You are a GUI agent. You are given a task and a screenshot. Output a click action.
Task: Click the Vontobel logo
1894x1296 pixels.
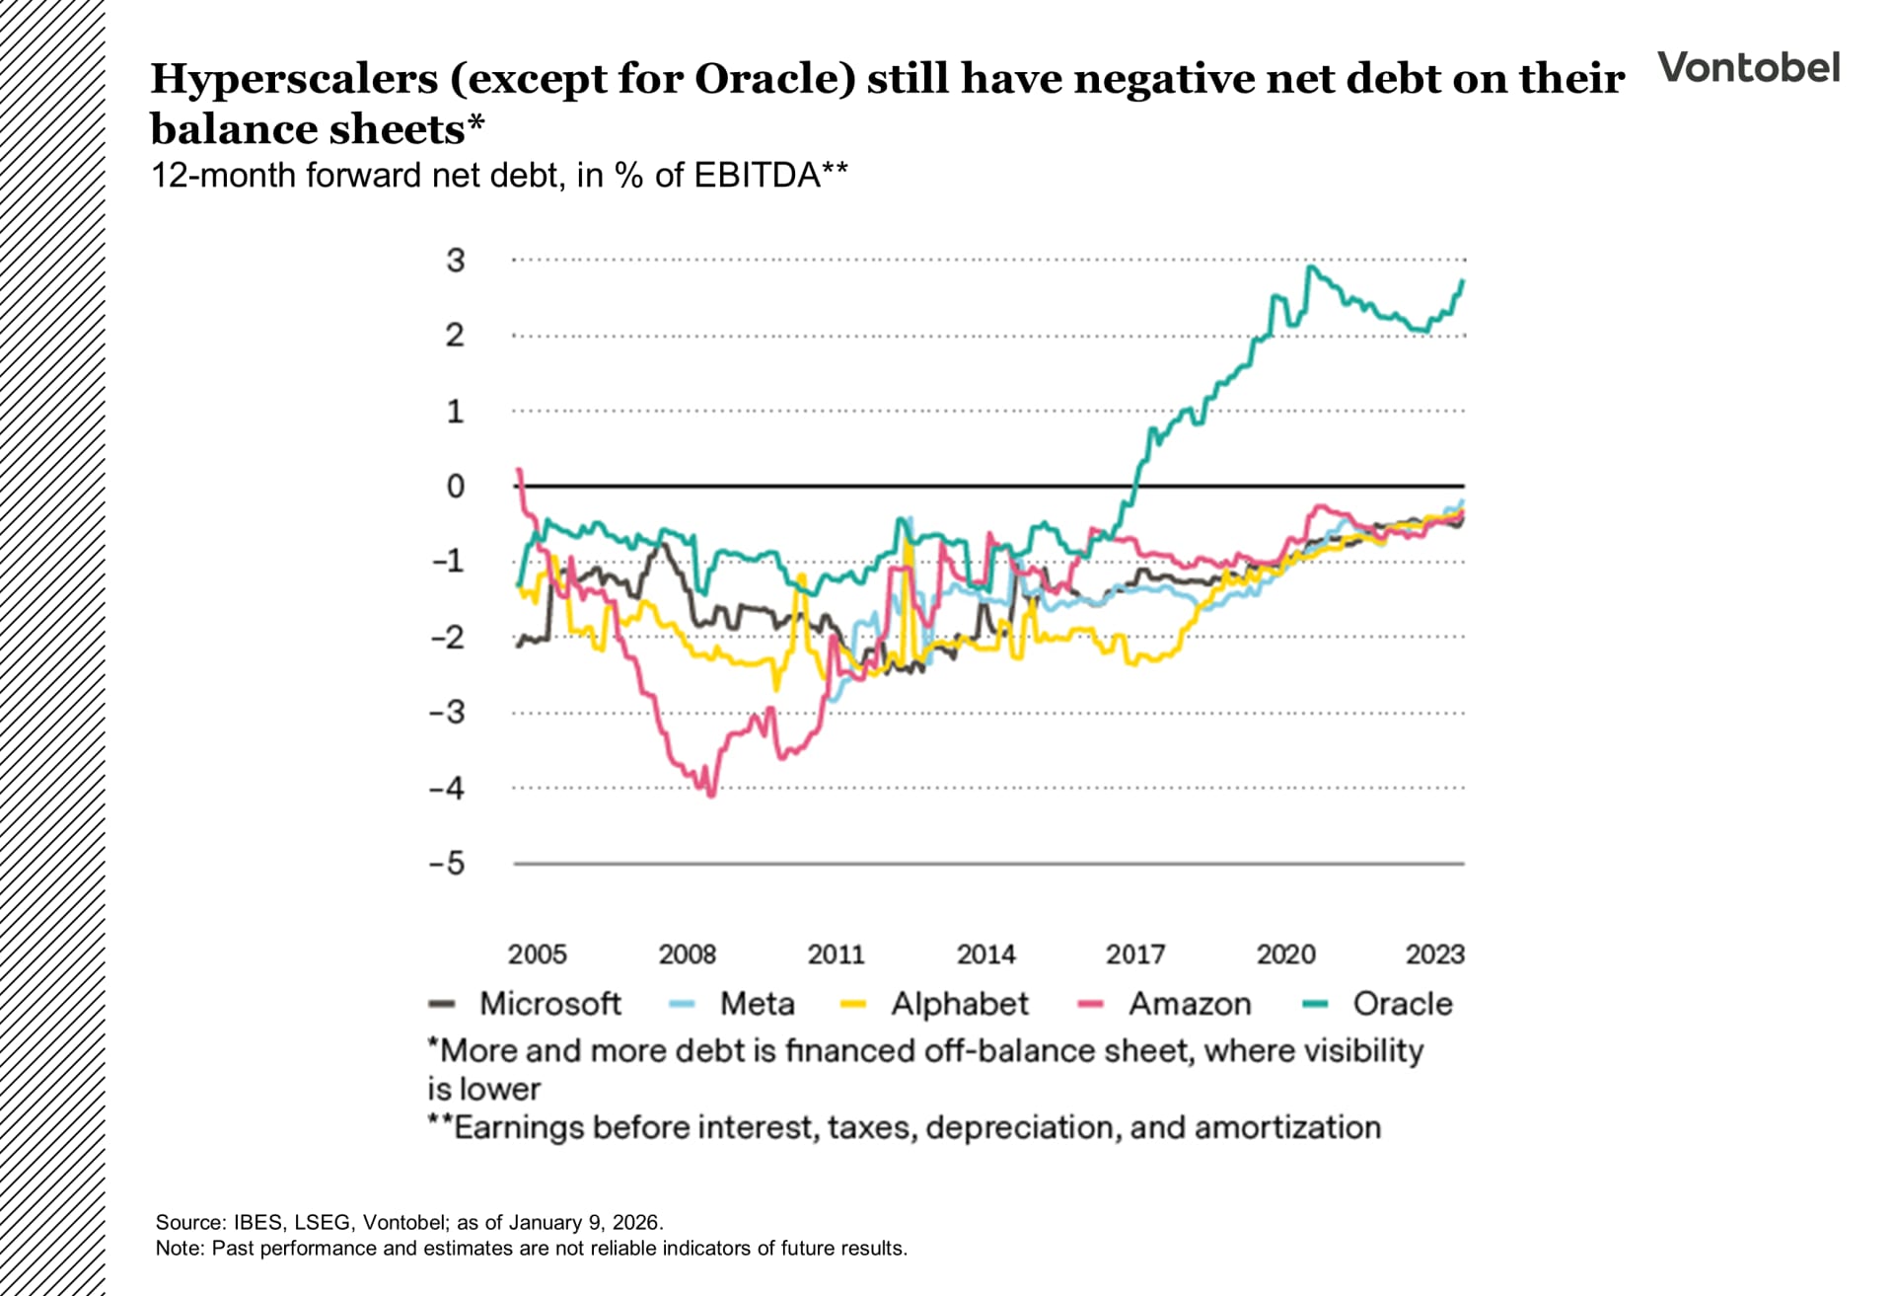1748,67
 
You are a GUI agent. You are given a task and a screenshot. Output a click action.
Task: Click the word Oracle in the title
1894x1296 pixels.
774,79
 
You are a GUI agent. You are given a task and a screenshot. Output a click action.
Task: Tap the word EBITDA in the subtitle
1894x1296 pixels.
757,176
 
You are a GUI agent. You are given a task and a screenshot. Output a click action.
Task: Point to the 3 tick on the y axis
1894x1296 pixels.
455,261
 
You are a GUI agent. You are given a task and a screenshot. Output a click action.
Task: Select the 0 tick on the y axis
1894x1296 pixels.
455,486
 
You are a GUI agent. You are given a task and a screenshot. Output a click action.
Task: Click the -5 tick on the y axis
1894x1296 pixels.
447,864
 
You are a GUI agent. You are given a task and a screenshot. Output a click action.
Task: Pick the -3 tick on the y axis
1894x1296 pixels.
447,712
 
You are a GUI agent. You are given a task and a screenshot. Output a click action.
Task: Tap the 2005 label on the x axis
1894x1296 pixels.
538,954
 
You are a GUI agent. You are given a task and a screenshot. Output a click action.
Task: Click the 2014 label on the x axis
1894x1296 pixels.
985,954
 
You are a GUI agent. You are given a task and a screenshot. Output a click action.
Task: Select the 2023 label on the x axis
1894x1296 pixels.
1434,954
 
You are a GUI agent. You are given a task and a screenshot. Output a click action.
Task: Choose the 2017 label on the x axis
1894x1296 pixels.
1135,954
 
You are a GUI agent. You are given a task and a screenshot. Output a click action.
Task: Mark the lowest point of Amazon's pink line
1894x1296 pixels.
711,795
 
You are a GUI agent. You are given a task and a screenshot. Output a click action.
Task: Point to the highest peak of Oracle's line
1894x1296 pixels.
1310,267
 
